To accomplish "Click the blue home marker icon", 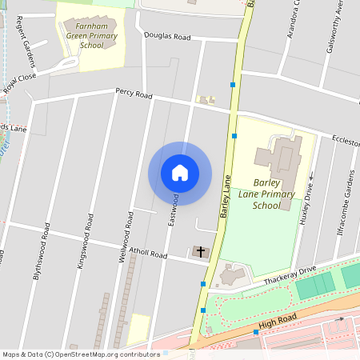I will [180, 173].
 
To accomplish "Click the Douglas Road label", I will [167, 37].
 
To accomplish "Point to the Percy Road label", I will [133, 94].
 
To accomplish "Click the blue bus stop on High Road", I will [255, 331].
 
